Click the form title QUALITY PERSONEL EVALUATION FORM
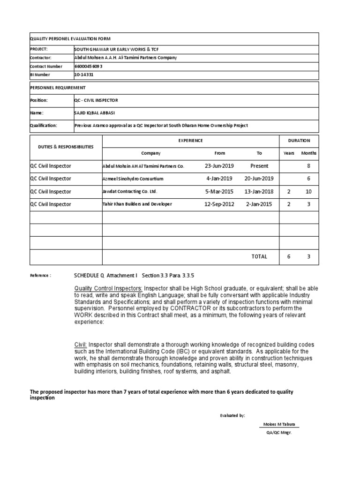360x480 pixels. click(70, 39)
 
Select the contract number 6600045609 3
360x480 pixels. click(88, 66)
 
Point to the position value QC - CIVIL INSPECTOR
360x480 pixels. click(96, 100)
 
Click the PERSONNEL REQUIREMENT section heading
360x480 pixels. click(58, 88)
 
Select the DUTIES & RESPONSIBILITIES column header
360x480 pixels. click(66, 147)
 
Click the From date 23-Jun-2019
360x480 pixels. click(219, 166)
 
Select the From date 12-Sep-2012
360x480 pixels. click(219, 204)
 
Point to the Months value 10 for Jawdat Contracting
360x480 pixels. click(308, 192)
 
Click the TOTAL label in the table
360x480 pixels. click(259, 256)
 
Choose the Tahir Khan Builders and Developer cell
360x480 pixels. click(137, 204)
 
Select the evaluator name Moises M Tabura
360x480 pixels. click(279, 425)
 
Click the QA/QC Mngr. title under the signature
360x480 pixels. click(279, 433)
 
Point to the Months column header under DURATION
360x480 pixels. click(308, 153)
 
